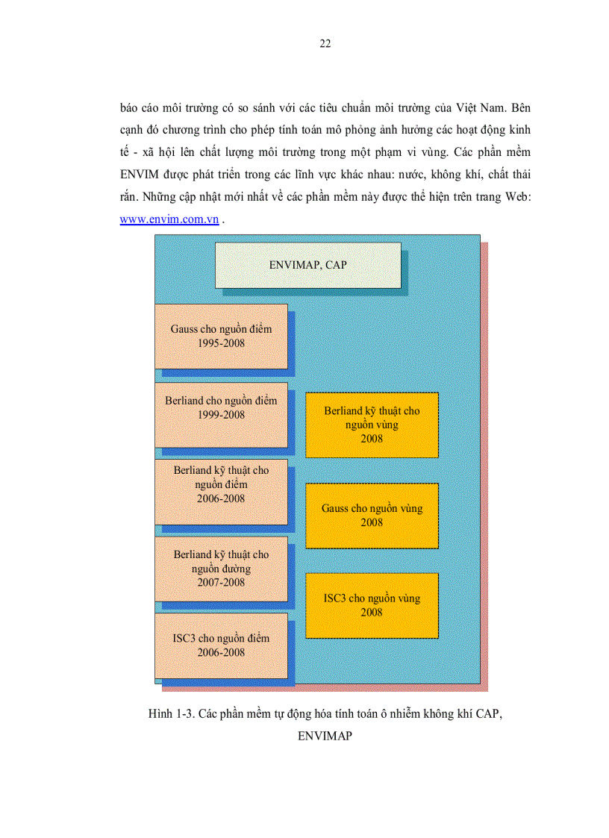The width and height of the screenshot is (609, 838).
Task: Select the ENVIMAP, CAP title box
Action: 307,265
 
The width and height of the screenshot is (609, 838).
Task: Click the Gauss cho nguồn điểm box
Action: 221,336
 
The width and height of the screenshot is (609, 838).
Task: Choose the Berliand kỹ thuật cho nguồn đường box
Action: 221,569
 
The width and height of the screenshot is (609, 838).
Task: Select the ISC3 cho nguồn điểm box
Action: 221,645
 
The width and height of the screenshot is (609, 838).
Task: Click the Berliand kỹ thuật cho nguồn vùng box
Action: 372,425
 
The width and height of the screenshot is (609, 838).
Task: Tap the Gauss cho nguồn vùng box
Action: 372,515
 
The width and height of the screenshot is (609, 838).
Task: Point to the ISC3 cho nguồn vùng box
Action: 372,605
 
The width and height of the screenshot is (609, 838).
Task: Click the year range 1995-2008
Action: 221,343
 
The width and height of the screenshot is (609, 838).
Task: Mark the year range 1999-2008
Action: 221,415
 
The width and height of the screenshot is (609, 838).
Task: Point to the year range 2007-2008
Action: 221,582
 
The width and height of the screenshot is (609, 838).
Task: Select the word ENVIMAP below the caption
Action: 325,736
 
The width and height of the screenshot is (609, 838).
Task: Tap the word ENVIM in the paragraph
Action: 137,174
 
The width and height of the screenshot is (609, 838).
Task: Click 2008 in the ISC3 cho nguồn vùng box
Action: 372,613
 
